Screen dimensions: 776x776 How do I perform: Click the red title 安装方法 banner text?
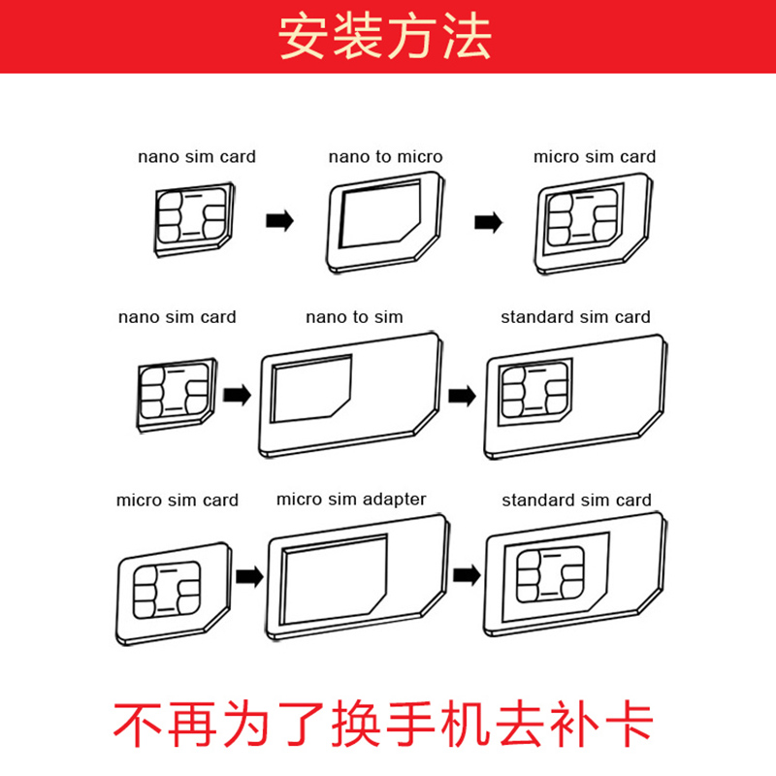[x=386, y=37]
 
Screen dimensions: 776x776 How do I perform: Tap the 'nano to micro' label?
[x=385, y=156]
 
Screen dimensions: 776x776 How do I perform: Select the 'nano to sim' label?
[x=354, y=316]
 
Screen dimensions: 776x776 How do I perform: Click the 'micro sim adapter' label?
[x=351, y=500]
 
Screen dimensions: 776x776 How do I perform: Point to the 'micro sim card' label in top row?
[x=595, y=156]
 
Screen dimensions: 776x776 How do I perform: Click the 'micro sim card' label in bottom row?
[x=177, y=501]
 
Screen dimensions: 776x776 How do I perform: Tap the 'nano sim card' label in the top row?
[x=197, y=156]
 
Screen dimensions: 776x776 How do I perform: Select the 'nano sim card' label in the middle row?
[x=177, y=316]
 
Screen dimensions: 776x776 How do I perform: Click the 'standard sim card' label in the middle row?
[x=575, y=316]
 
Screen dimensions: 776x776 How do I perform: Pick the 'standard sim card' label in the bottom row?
[x=576, y=501]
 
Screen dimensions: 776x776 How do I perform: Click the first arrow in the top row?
[x=279, y=222]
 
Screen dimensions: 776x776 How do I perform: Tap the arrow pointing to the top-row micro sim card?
[x=488, y=222]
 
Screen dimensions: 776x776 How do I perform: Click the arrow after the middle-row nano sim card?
[x=237, y=395]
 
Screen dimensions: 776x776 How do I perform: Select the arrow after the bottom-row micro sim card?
[x=250, y=578]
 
